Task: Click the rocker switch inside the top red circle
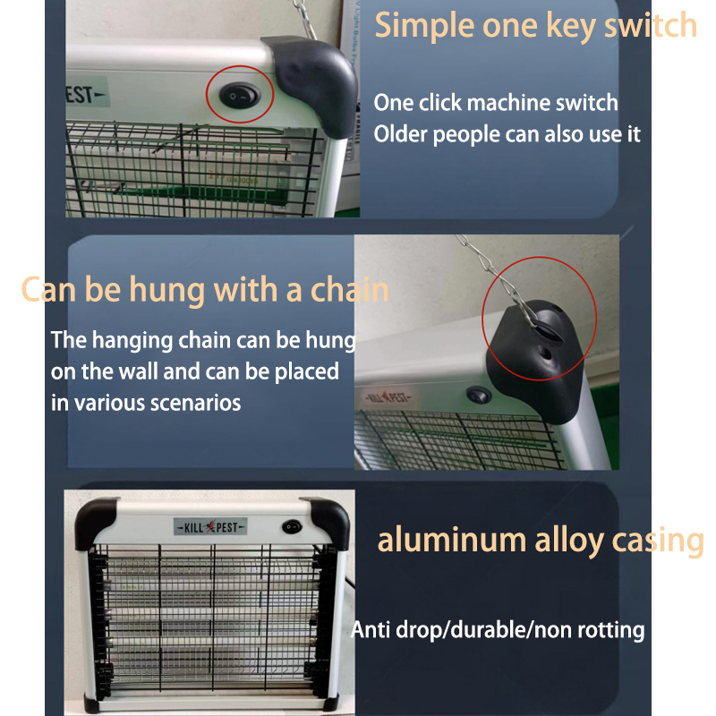240,96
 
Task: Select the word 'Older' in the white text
399,133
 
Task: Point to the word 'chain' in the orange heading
349,289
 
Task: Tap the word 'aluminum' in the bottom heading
452,540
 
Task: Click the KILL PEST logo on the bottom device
210,527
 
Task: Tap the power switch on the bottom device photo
292,527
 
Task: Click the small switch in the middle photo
479,395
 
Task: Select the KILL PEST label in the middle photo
388,396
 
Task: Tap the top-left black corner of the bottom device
94,522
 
